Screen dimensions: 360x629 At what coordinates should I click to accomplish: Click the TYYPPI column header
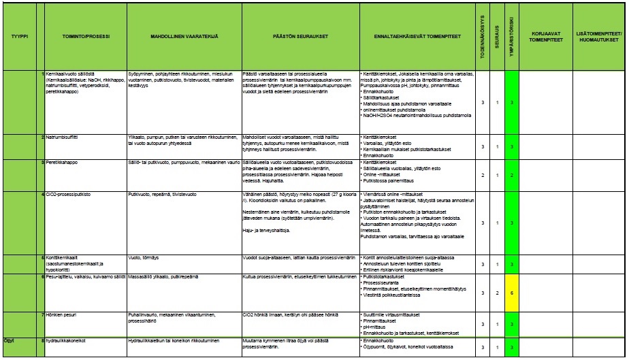coord(18,36)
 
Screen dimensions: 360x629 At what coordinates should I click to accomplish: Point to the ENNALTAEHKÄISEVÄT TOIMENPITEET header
coord(415,36)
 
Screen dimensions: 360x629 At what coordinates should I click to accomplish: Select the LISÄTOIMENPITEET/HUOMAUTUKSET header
coord(599,36)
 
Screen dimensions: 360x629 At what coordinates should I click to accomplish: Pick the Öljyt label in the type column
coord(10,340)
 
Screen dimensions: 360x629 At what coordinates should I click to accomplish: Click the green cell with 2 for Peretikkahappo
coord(512,175)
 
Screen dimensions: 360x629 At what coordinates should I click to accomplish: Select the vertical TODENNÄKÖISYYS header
coord(483,36)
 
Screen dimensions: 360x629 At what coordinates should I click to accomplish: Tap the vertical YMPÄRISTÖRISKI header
coord(512,36)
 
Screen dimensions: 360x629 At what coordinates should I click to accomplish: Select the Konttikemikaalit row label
coord(67,257)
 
